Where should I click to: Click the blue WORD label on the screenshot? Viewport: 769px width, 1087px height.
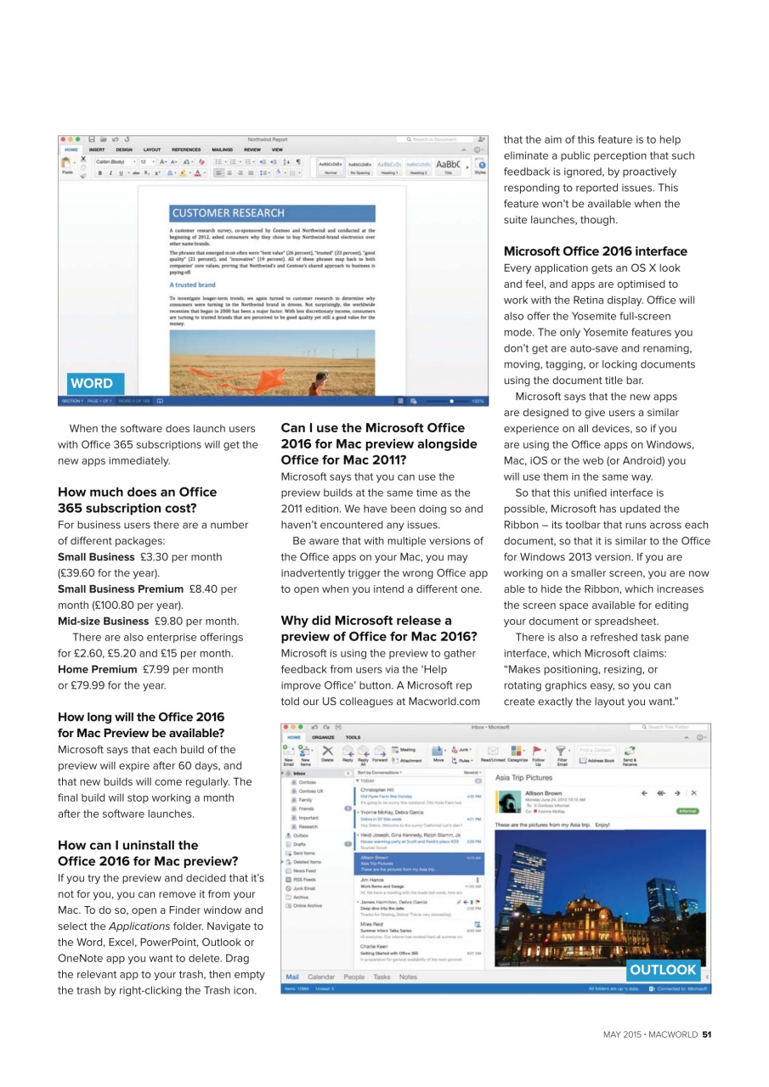pos(91,383)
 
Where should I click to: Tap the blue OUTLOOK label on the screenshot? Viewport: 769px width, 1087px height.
pos(663,970)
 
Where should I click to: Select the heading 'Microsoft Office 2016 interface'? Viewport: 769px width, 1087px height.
pos(595,251)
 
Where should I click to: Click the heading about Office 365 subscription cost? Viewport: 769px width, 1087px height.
pos(137,500)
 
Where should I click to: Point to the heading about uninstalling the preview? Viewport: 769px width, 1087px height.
pos(136,853)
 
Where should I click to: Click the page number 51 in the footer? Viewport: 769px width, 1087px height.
pos(706,1034)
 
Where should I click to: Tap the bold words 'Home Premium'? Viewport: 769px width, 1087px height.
pos(92,669)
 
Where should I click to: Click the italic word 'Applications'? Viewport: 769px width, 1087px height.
pos(137,910)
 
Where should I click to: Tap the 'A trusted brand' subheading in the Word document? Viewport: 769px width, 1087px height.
pos(193,285)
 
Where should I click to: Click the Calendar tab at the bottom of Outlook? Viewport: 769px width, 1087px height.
pos(321,977)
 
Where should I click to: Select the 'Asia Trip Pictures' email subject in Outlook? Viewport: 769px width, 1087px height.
pos(523,777)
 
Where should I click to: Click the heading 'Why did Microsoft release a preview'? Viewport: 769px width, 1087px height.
pos(378,629)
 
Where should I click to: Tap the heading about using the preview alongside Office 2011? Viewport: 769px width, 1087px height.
pos(378,444)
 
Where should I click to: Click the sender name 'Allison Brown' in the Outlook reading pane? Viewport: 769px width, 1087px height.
pos(543,793)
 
